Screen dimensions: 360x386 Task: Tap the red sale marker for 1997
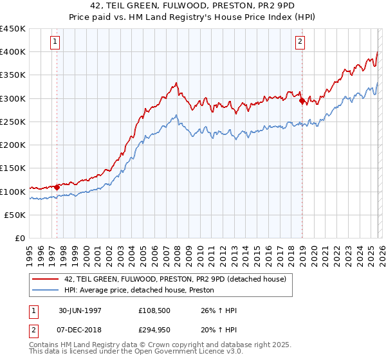click(x=57, y=187)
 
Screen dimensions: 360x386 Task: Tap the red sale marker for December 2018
click(x=302, y=100)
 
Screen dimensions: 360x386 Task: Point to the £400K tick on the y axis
click(x=14, y=52)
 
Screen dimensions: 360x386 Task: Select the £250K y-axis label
click(x=14, y=122)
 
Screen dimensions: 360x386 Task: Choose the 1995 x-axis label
click(x=30, y=250)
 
